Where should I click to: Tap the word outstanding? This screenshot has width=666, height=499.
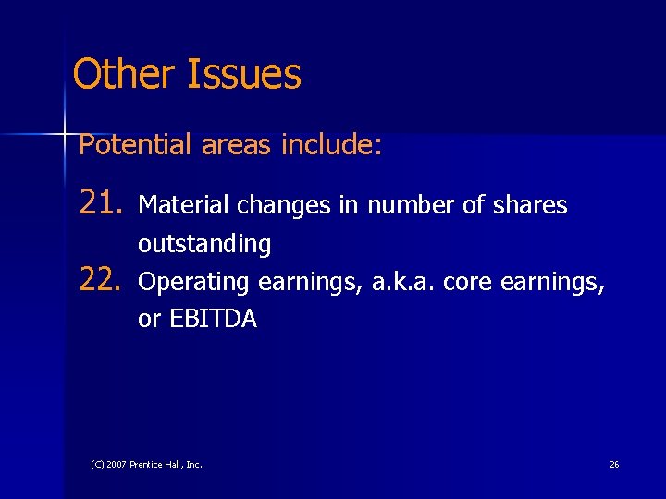[x=204, y=245]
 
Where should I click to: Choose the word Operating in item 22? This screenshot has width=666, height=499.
[x=194, y=283]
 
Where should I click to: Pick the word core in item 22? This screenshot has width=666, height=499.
[x=467, y=283]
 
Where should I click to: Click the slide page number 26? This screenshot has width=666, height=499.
[x=614, y=464]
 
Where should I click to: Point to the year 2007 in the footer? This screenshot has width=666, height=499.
[x=117, y=464]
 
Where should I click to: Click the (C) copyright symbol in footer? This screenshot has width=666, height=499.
[x=97, y=464]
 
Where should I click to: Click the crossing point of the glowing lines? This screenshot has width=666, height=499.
[x=66, y=135]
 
